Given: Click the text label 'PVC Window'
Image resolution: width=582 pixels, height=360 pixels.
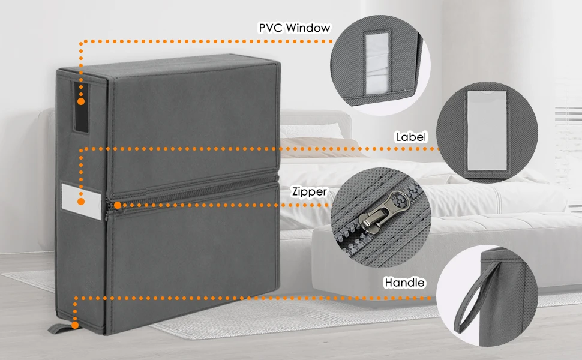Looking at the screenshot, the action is (x=294, y=28).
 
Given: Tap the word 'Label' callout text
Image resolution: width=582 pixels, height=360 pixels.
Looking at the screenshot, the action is (x=410, y=137).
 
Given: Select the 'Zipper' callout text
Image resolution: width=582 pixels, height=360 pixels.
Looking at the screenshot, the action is (x=310, y=192).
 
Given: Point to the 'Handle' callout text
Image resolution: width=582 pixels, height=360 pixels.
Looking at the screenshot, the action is (x=404, y=282).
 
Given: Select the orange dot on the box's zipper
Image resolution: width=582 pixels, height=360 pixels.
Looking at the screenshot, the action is (x=118, y=205).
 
